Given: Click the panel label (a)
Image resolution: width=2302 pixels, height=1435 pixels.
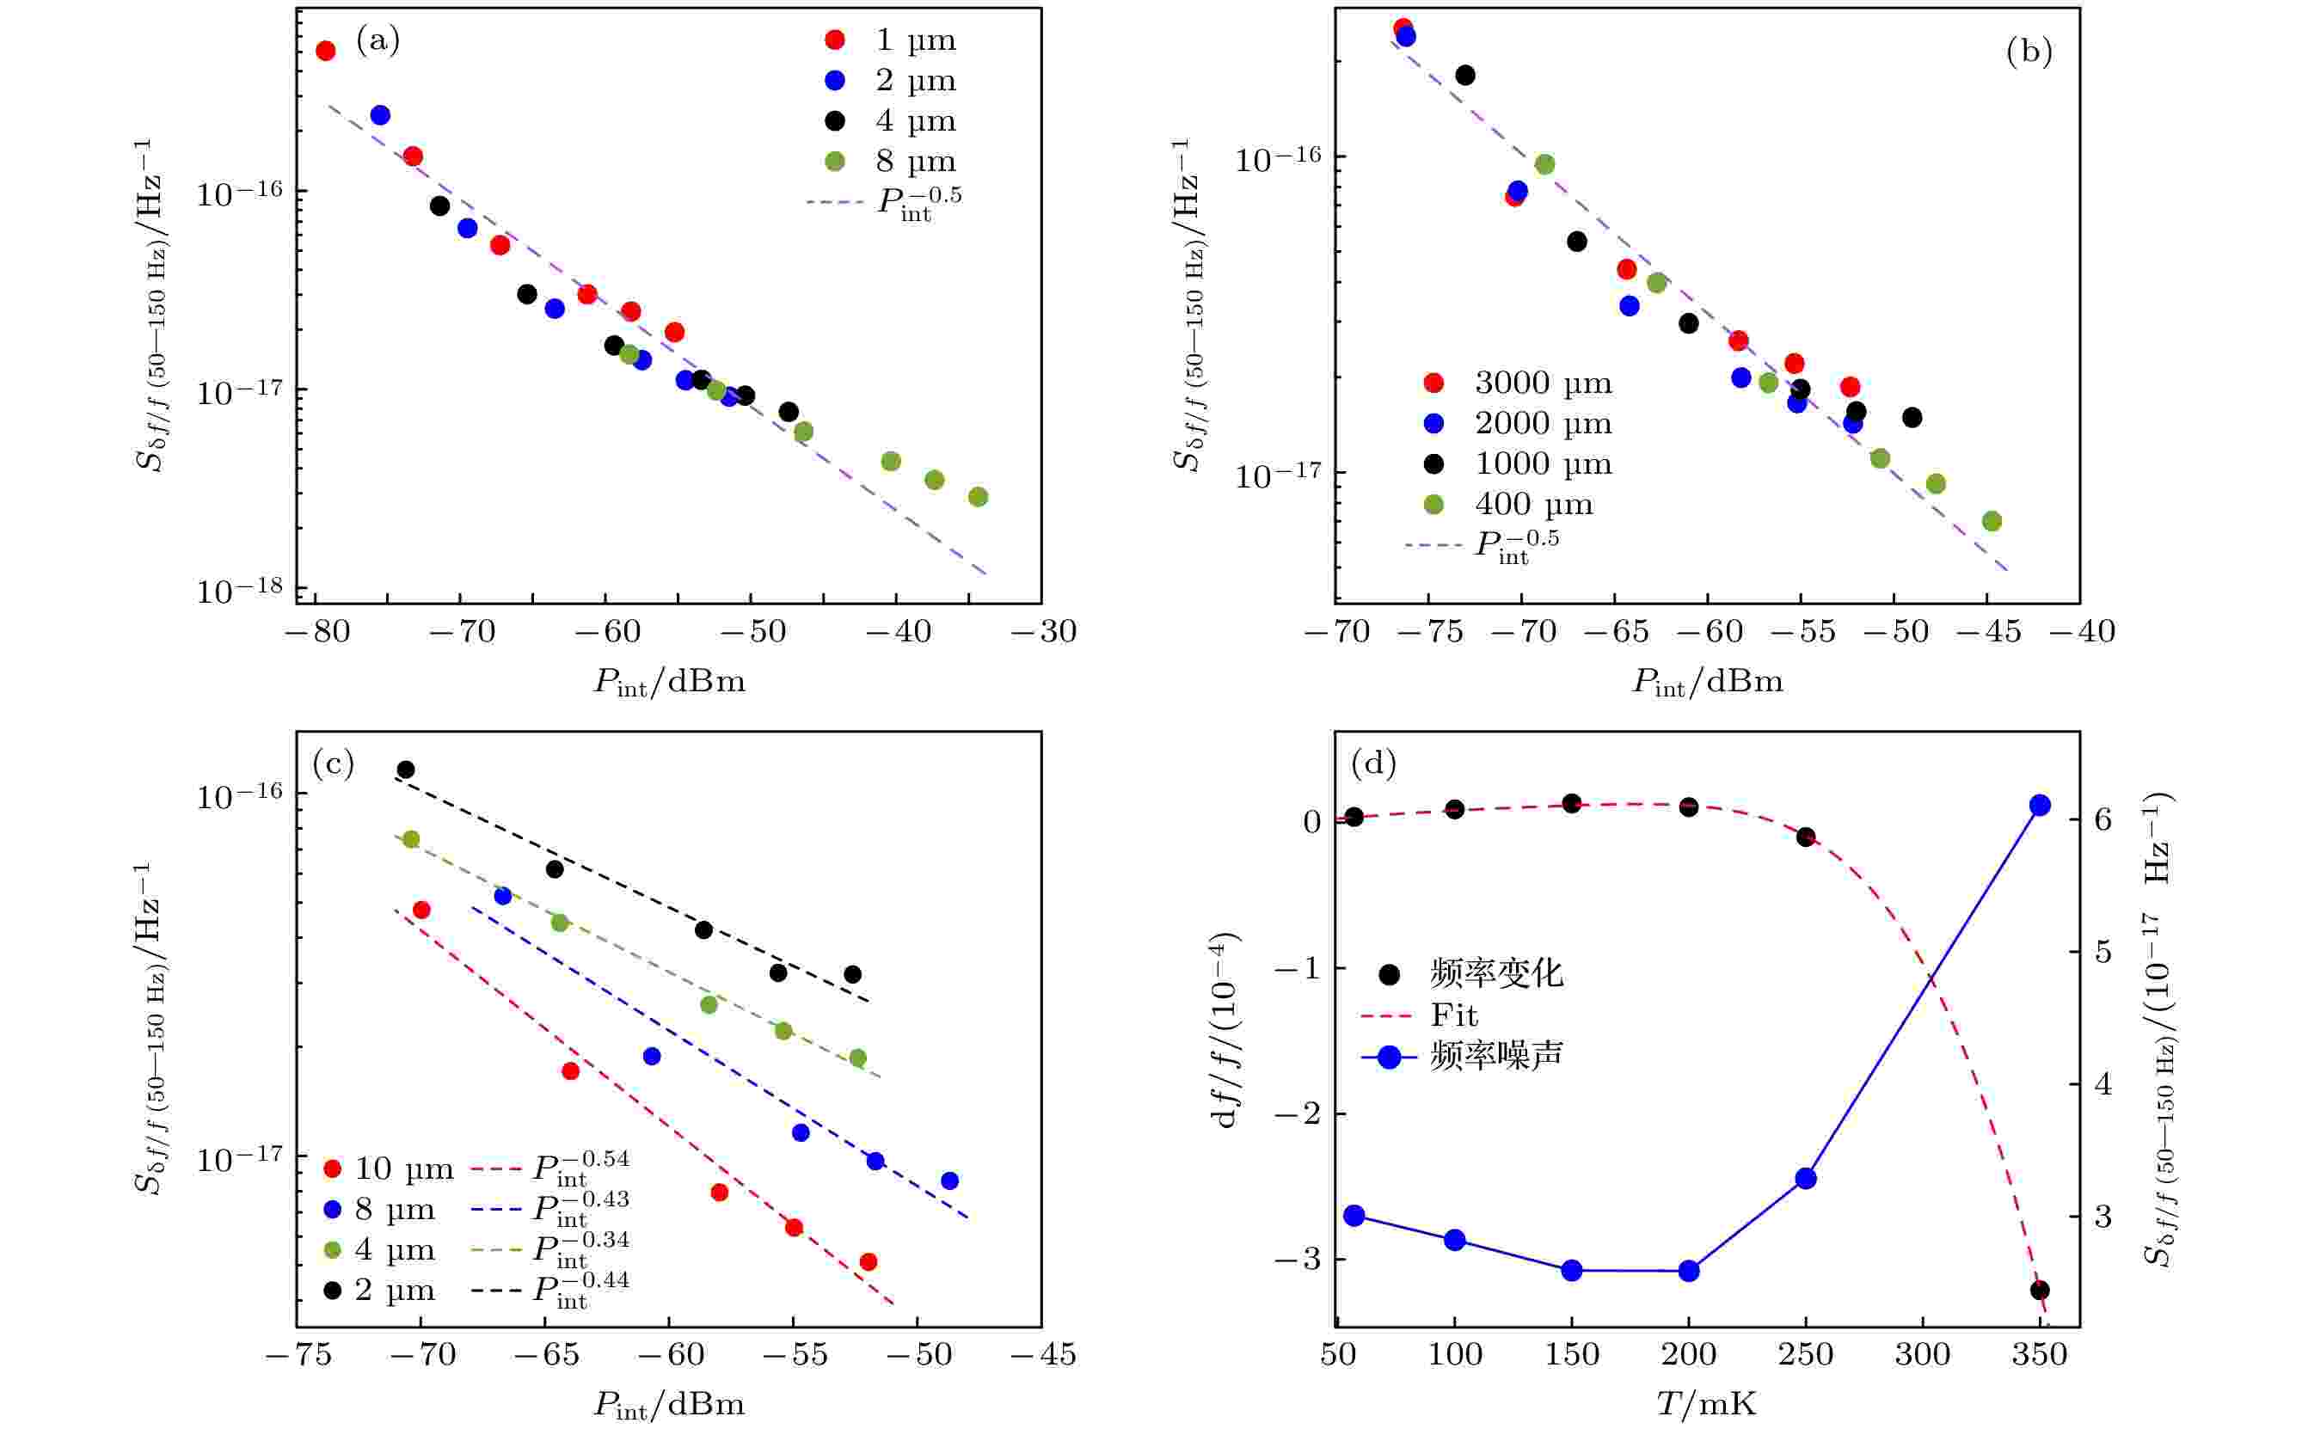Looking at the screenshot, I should [377, 40].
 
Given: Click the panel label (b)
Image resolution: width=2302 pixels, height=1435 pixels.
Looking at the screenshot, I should [2029, 52].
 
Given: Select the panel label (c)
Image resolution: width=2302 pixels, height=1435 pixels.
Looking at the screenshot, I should [332, 763].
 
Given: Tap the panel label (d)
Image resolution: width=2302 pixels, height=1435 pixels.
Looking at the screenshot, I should [1372, 762].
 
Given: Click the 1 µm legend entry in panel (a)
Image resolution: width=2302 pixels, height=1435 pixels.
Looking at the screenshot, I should [893, 40].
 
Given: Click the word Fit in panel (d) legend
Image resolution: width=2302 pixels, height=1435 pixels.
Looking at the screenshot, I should [1453, 1015].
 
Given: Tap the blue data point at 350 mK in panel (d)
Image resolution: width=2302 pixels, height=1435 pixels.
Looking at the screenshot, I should [2039, 806].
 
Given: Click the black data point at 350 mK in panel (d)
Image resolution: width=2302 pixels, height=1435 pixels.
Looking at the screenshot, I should [2039, 1290].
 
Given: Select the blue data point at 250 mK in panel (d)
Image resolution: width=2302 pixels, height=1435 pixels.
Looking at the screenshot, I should [1806, 1179].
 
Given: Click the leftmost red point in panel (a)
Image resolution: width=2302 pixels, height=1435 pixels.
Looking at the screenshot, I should [326, 52].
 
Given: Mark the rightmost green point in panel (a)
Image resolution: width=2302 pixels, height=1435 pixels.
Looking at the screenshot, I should [978, 496].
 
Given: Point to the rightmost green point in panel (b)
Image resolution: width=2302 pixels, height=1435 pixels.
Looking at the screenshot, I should [1992, 521].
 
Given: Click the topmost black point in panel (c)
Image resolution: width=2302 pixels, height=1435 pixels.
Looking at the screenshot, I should [405, 770].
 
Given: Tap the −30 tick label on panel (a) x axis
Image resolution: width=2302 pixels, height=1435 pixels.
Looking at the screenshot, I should [1042, 632].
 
